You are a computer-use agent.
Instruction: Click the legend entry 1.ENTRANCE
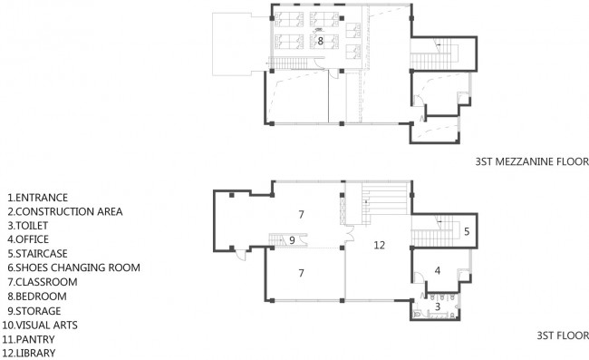(x=37, y=198)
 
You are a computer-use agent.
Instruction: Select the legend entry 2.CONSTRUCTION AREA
(x=65, y=211)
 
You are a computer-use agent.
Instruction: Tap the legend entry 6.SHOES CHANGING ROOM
(x=73, y=268)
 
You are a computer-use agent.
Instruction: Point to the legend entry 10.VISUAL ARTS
(x=40, y=325)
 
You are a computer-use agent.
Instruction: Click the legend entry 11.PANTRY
(x=29, y=339)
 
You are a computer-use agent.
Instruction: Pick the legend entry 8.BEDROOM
(x=37, y=297)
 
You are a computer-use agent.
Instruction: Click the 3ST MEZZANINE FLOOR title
(x=532, y=161)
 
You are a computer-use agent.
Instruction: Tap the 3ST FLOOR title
(x=563, y=336)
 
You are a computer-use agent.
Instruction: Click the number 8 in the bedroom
(x=321, y=41)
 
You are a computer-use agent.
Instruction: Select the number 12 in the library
(x=380, y=245)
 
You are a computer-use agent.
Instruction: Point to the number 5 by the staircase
(x=467, y=231)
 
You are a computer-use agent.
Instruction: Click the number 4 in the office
(x=438, y=270)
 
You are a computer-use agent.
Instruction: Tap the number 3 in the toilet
(x=438, y=306)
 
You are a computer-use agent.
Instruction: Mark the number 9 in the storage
(x=292, y=240)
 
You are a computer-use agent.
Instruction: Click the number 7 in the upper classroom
(x=301, y=215)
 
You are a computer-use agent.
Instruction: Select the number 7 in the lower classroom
(x=301, y=273)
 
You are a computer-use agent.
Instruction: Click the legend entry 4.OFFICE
(x=28, y=239)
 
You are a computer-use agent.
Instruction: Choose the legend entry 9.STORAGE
(x=34, y=311)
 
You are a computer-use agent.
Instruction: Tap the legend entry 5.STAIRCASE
(x=37, y=254)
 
